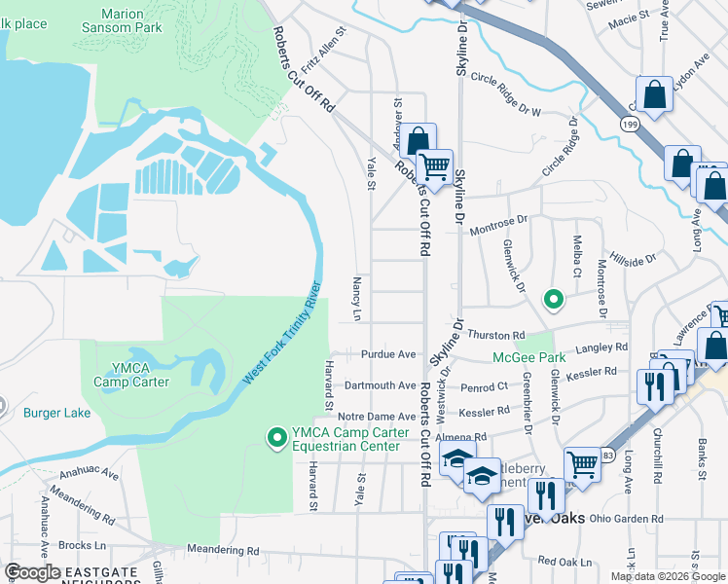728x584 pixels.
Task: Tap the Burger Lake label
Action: pos(57,413)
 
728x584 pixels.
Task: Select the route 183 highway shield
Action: pos(606,456)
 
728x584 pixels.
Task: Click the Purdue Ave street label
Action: pos(388,355)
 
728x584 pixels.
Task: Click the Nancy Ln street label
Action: pos(356,299)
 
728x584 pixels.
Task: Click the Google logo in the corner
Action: pos(32,572)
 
